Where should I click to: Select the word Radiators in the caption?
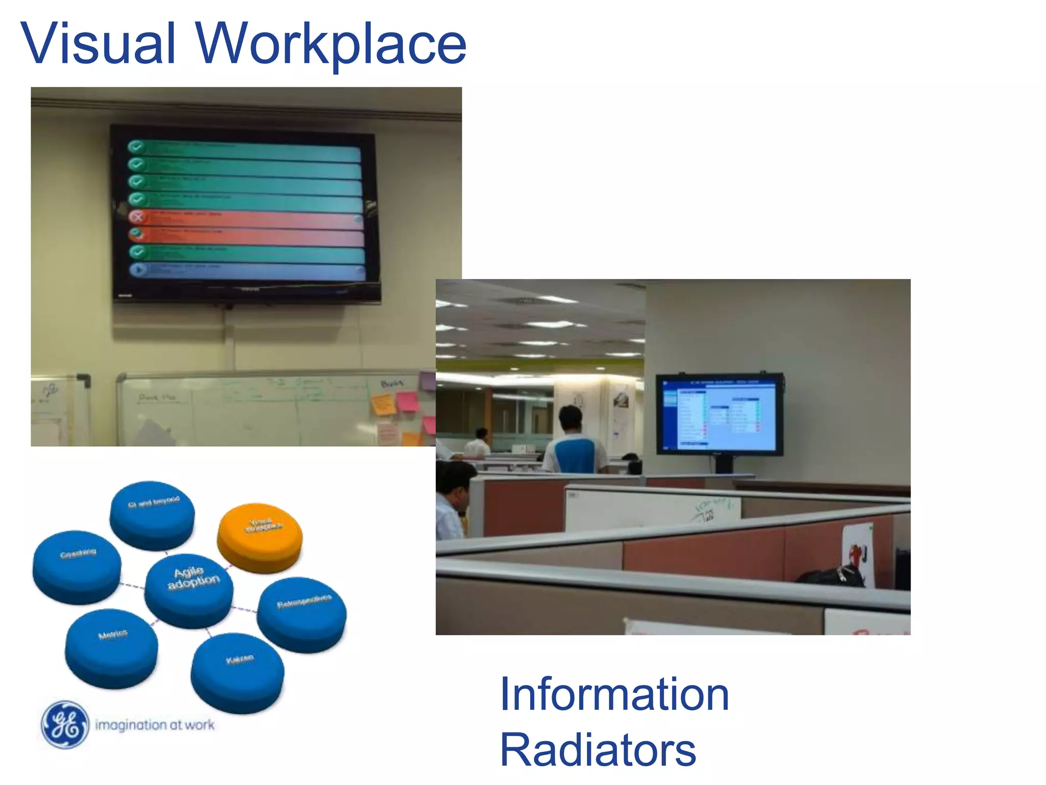598,750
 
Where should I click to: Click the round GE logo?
65,724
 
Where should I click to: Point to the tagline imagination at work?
155,725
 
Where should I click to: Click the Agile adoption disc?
189,588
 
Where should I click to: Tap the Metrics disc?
111,647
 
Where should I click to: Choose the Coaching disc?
77,565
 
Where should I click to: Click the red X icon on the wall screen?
137,217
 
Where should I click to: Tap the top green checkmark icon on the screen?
135,147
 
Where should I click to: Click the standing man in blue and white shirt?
575,445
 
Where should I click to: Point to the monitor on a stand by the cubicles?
719,414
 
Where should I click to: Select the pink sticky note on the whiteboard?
407,401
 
